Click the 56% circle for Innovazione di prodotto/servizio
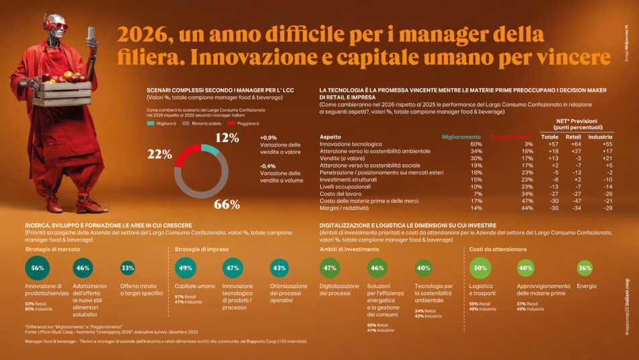[x=38, y=268]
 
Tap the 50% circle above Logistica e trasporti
[x=480, y=268]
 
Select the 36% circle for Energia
[x=585, y=268]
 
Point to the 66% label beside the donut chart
[x=226, y=204]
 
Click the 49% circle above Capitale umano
[x=186, y=268]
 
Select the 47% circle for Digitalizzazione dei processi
[x=330, y=268]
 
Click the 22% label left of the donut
[x=159, y=153]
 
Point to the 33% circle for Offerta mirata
[x=128, y=268]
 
